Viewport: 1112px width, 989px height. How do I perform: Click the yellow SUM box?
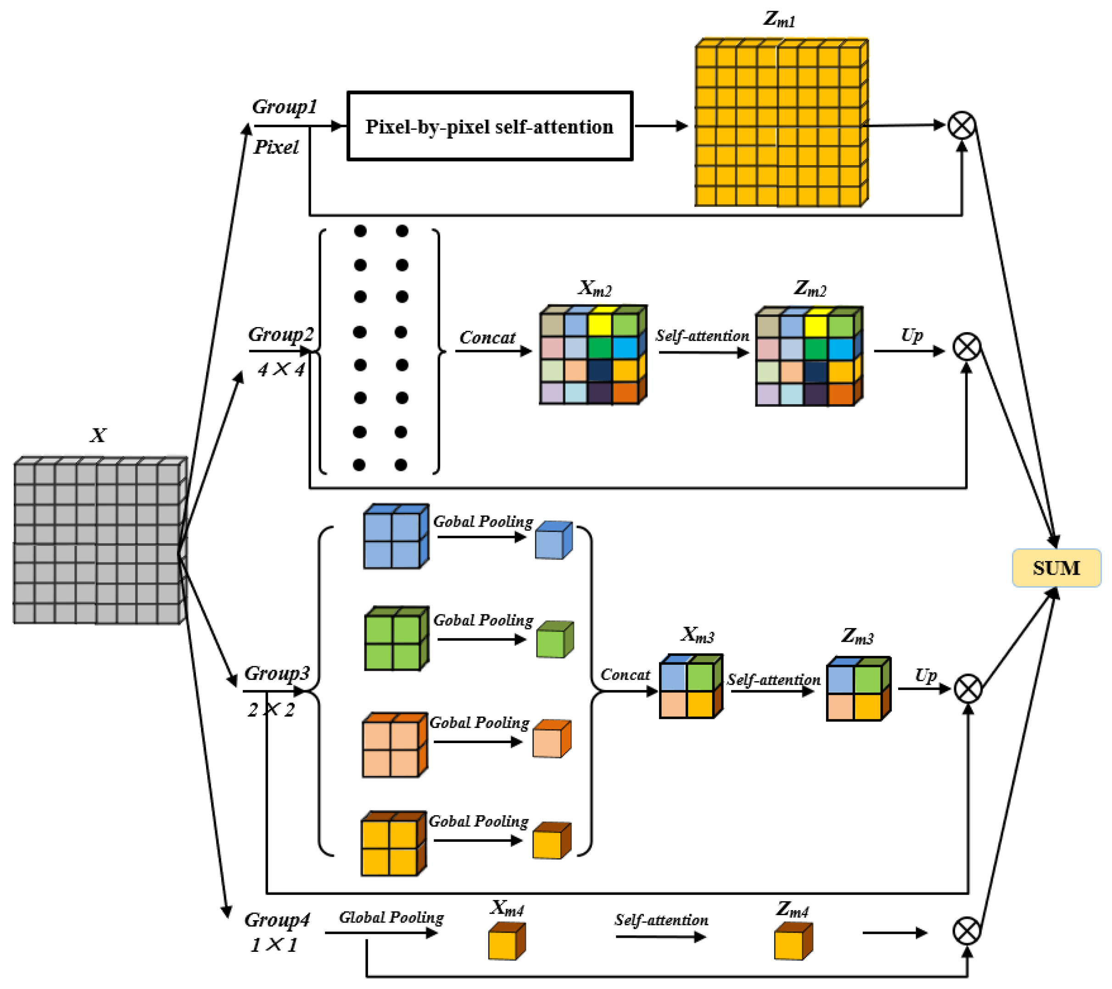pyautogui.click(x=1056, y=567)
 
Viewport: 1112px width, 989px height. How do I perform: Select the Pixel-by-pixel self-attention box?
pyautogui.click(x=490, y=126)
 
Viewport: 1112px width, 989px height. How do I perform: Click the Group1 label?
pyautogui.click(x=284, y=107)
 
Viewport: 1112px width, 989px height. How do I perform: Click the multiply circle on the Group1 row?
pyautogui.click(x=961, y=125)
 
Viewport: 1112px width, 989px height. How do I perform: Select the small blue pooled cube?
pyautogui.click(x=554, y=540)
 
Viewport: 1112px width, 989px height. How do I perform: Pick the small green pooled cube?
pyautogui.click(x=555, y=639)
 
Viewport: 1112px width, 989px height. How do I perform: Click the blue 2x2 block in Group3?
pyautogui.click(x=396, y=536)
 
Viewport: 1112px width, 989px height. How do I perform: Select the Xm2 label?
pyautogui.click(x=595, y=288)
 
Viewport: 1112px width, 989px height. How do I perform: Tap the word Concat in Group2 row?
pyautogui.click(x=487, y=338)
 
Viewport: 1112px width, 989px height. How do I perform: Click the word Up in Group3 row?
pyautogui.click(x=925, y=676)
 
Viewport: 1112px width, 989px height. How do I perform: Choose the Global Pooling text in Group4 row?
pyautogui.click(x=391, y=918)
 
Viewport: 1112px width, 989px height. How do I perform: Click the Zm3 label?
pyautogui.click(x=857, y=636)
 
